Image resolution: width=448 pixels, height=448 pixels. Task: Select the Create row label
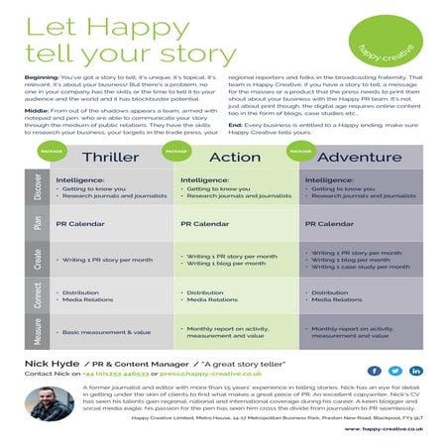[x=38, y=261]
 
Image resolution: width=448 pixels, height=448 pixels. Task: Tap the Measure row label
[x=38, y=331]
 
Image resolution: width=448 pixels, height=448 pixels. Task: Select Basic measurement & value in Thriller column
[x=106, y=332]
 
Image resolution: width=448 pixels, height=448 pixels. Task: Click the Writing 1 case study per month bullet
[x=360, y=268]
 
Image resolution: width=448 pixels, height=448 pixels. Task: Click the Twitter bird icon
[x=395, y=371]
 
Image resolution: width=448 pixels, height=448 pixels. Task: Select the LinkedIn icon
[x=415, y=371]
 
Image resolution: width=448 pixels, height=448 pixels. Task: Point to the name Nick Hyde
[x=52, y=365]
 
